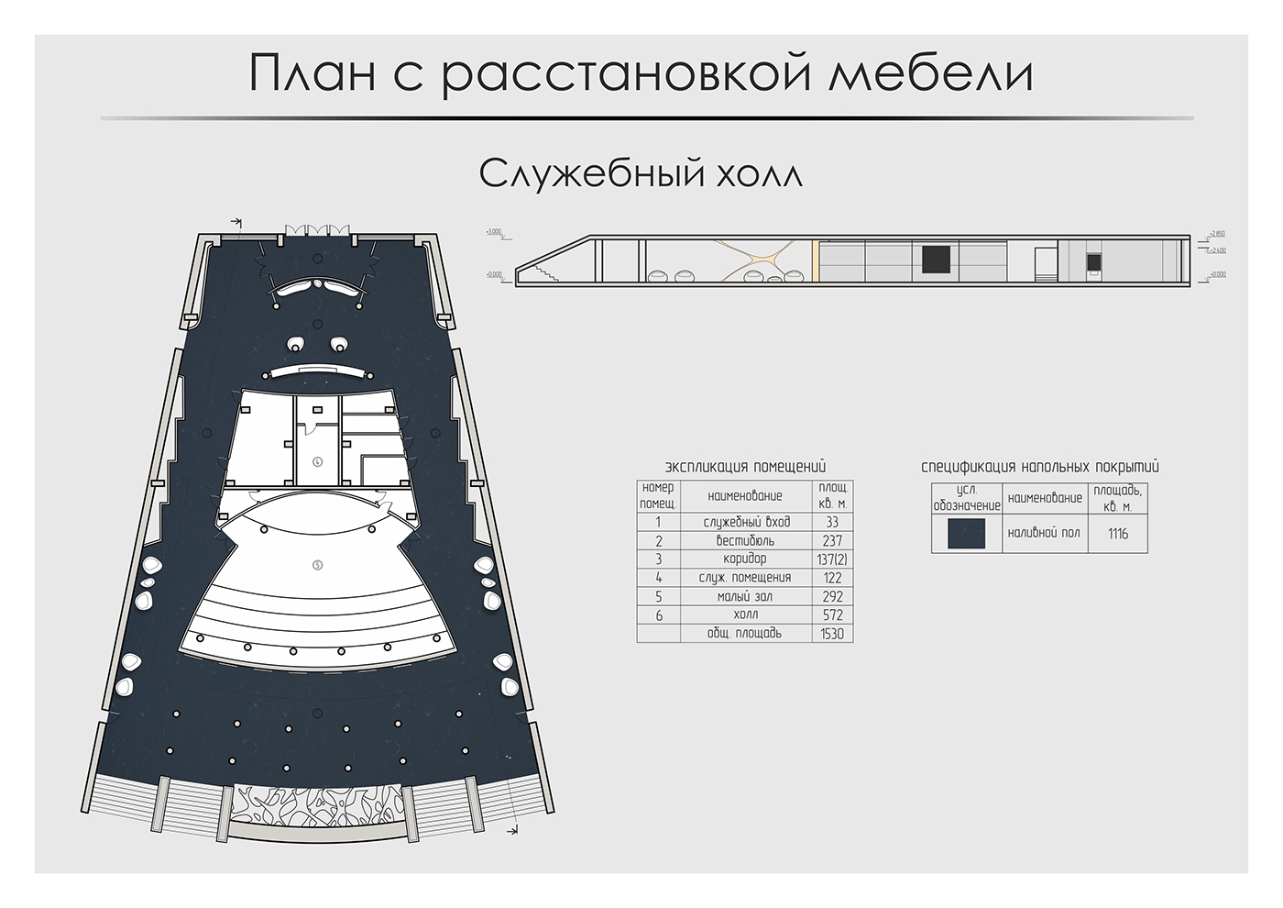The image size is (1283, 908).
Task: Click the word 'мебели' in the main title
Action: tap(930, 73)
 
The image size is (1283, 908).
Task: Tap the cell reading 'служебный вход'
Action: tap(746, 522)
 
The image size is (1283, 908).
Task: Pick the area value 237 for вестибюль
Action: tap(832, 540)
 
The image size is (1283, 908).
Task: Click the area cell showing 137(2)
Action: tap(832, 559)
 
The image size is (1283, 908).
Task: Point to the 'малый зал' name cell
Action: tap(746, 596)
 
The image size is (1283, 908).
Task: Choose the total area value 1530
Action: tap(832, 633)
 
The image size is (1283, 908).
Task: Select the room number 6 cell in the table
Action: tap(658, 615)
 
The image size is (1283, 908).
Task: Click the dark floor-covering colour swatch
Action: tap(966, 533)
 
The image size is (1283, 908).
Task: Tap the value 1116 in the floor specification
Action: tap(1117, 533)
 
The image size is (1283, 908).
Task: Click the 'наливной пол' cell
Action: tap(1044, 533)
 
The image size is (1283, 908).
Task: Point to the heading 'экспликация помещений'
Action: tap(745, 467)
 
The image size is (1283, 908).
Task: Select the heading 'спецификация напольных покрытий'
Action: tap(1039, 467)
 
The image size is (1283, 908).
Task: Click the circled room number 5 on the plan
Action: tap(317, 565)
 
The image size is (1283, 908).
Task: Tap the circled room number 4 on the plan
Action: tap(317, 460)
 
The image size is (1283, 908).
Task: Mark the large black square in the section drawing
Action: tap(936, 259)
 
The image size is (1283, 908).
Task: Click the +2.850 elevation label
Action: tap(1216, 234)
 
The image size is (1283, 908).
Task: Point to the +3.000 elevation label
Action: tap(494, 233)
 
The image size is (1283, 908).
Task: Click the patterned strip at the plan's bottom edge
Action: tap(317, 804)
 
